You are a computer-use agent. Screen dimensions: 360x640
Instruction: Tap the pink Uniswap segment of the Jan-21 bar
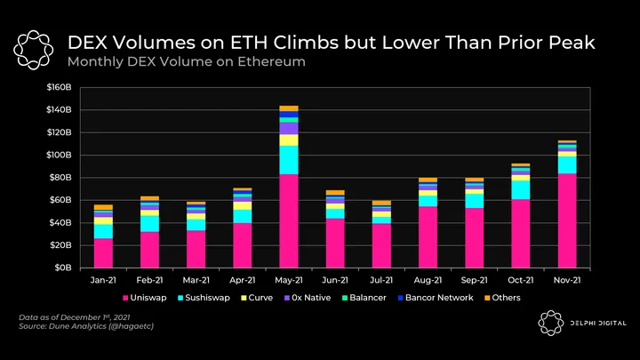pos(103,252)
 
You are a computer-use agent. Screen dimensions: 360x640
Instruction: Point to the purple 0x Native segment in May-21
pos(288,128)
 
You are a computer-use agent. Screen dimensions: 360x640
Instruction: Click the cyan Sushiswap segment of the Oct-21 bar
pos(519,189)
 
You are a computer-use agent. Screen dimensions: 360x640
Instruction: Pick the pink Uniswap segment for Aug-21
pos(427,236)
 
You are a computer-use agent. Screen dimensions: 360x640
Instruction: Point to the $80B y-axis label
pos(69,178)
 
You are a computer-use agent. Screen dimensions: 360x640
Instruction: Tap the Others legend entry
pos(504,298)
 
